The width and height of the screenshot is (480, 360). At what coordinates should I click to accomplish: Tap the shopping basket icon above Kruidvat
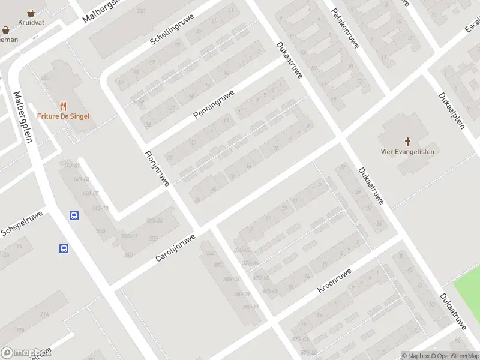coord(31,13)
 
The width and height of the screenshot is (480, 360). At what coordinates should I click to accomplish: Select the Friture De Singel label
coord(63,116)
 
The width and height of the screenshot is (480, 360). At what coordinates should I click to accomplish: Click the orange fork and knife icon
coord(63,106)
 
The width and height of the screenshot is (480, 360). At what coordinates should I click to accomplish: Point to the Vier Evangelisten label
coord(407,152)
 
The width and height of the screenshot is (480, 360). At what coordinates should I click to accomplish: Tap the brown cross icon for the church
coord(407,142)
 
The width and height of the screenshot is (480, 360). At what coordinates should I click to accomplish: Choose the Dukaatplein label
coord(452,111)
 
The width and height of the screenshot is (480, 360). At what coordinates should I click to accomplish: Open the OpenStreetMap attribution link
coord(454,356)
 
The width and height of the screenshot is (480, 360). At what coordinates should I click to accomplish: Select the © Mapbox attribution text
coord(416,356)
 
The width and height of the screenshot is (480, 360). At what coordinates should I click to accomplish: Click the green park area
coord(468,296)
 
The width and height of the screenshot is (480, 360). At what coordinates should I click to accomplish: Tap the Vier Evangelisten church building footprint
coord(406,129)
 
